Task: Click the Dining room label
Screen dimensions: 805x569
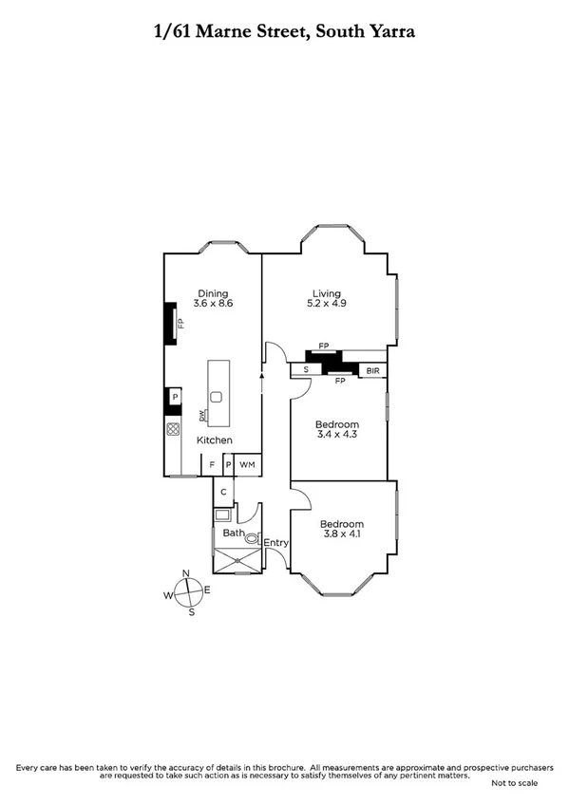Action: (214, 292)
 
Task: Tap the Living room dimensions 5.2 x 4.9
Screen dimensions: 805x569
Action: (327, 305)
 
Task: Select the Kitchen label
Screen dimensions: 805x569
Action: (215, 440)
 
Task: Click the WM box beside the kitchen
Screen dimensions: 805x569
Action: (247, 464)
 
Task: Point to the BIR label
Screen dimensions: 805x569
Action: (372, 369)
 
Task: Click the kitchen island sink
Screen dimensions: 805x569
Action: (217, 397)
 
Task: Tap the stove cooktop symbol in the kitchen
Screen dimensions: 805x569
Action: (174, 429)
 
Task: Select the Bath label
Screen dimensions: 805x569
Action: (233, 534)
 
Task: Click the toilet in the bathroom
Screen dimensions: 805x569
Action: (253, 538)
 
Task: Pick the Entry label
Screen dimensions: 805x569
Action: (276, 543)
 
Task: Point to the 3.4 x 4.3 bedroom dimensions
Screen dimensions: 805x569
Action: (338, 436)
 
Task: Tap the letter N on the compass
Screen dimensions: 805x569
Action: (186, 572)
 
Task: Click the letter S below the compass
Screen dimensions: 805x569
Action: (191, 612)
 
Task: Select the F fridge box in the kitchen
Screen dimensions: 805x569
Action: (212, 464)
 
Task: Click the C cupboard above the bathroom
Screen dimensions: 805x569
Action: (222, 491)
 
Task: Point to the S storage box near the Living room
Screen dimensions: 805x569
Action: (306, 369)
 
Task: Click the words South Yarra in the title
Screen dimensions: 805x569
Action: (366, 31)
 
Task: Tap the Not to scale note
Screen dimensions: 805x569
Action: (514, 783)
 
